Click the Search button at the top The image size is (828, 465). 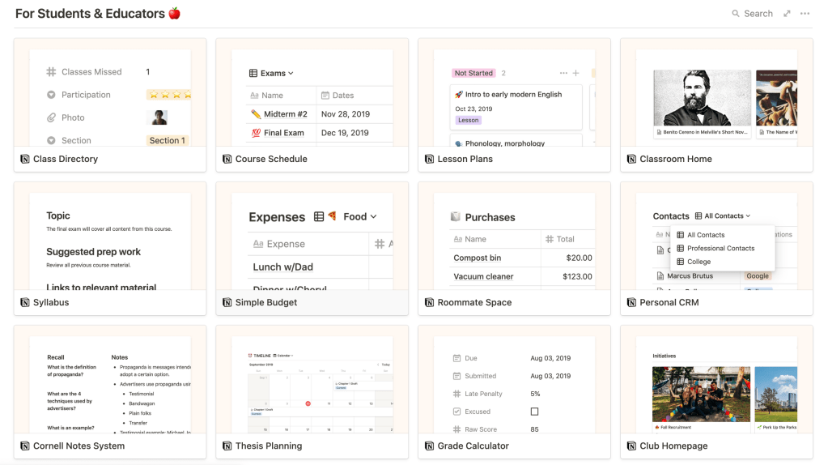point(752,14)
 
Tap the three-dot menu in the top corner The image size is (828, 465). point(805,14)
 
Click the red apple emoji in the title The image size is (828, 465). point(174,14)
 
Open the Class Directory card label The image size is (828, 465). point(65,159)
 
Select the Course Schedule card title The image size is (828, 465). point(270,159)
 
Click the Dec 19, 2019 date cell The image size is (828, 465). point(345,133)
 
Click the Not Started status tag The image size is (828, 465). point(473,73)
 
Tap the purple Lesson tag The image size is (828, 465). point(469,120)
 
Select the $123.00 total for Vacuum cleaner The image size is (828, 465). point(577,276)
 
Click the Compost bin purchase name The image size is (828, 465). point(478,258)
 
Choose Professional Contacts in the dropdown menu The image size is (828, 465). point(720,249)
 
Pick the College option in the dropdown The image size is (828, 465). point(698,262)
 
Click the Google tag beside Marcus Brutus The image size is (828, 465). point(758,276)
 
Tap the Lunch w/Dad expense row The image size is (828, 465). point(282,267)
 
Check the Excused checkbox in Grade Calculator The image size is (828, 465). point(534,412)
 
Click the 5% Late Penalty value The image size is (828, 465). point(535,394)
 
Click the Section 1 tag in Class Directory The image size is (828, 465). point(167,140)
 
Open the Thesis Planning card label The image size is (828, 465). point(268,446)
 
